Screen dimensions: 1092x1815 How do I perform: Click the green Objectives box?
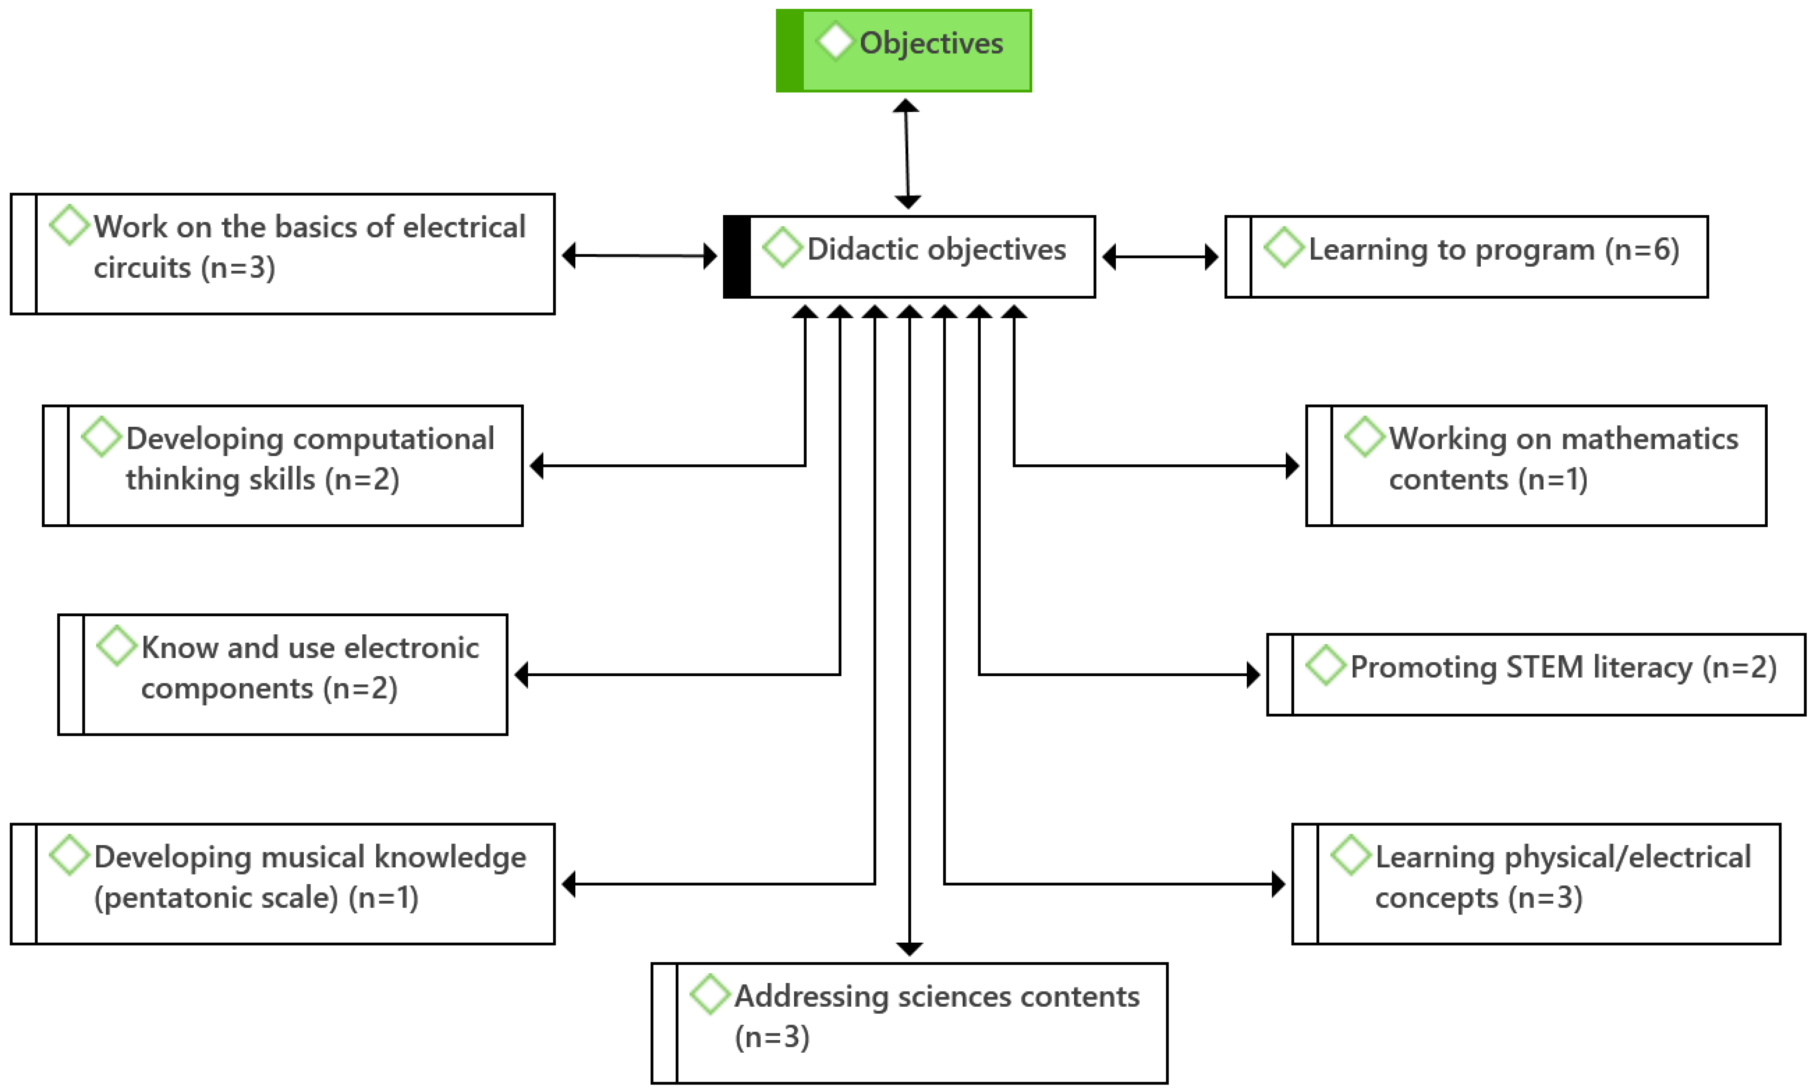[916, 50]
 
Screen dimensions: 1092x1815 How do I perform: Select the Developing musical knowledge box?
[294, 883]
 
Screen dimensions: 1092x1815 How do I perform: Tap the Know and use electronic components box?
[294, 674]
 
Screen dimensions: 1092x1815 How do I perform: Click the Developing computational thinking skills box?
[294, 465]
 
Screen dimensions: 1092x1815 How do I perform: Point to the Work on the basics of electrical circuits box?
[294, 254]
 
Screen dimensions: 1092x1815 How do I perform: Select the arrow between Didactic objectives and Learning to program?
[1160, 257]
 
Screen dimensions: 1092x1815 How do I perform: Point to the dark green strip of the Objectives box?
[790, 50]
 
